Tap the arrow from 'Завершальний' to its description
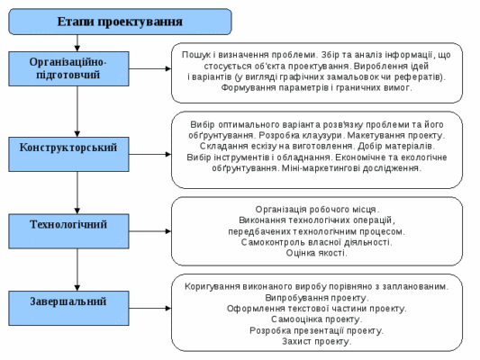tap(151, 301)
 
